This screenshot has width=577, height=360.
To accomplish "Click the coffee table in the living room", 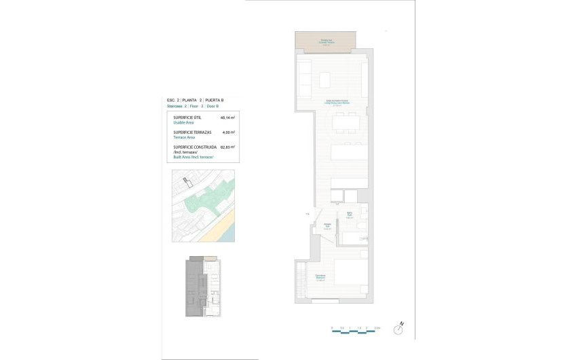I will pos(325,81).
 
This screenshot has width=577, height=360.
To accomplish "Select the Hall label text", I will pos(327,226).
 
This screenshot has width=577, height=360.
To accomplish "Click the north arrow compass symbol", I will pos(403,324).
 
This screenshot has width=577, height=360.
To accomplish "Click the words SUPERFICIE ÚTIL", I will pos(187,118).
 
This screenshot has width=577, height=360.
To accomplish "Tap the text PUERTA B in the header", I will pos(214,101).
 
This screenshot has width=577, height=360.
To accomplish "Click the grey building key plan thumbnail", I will pos(204,286).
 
